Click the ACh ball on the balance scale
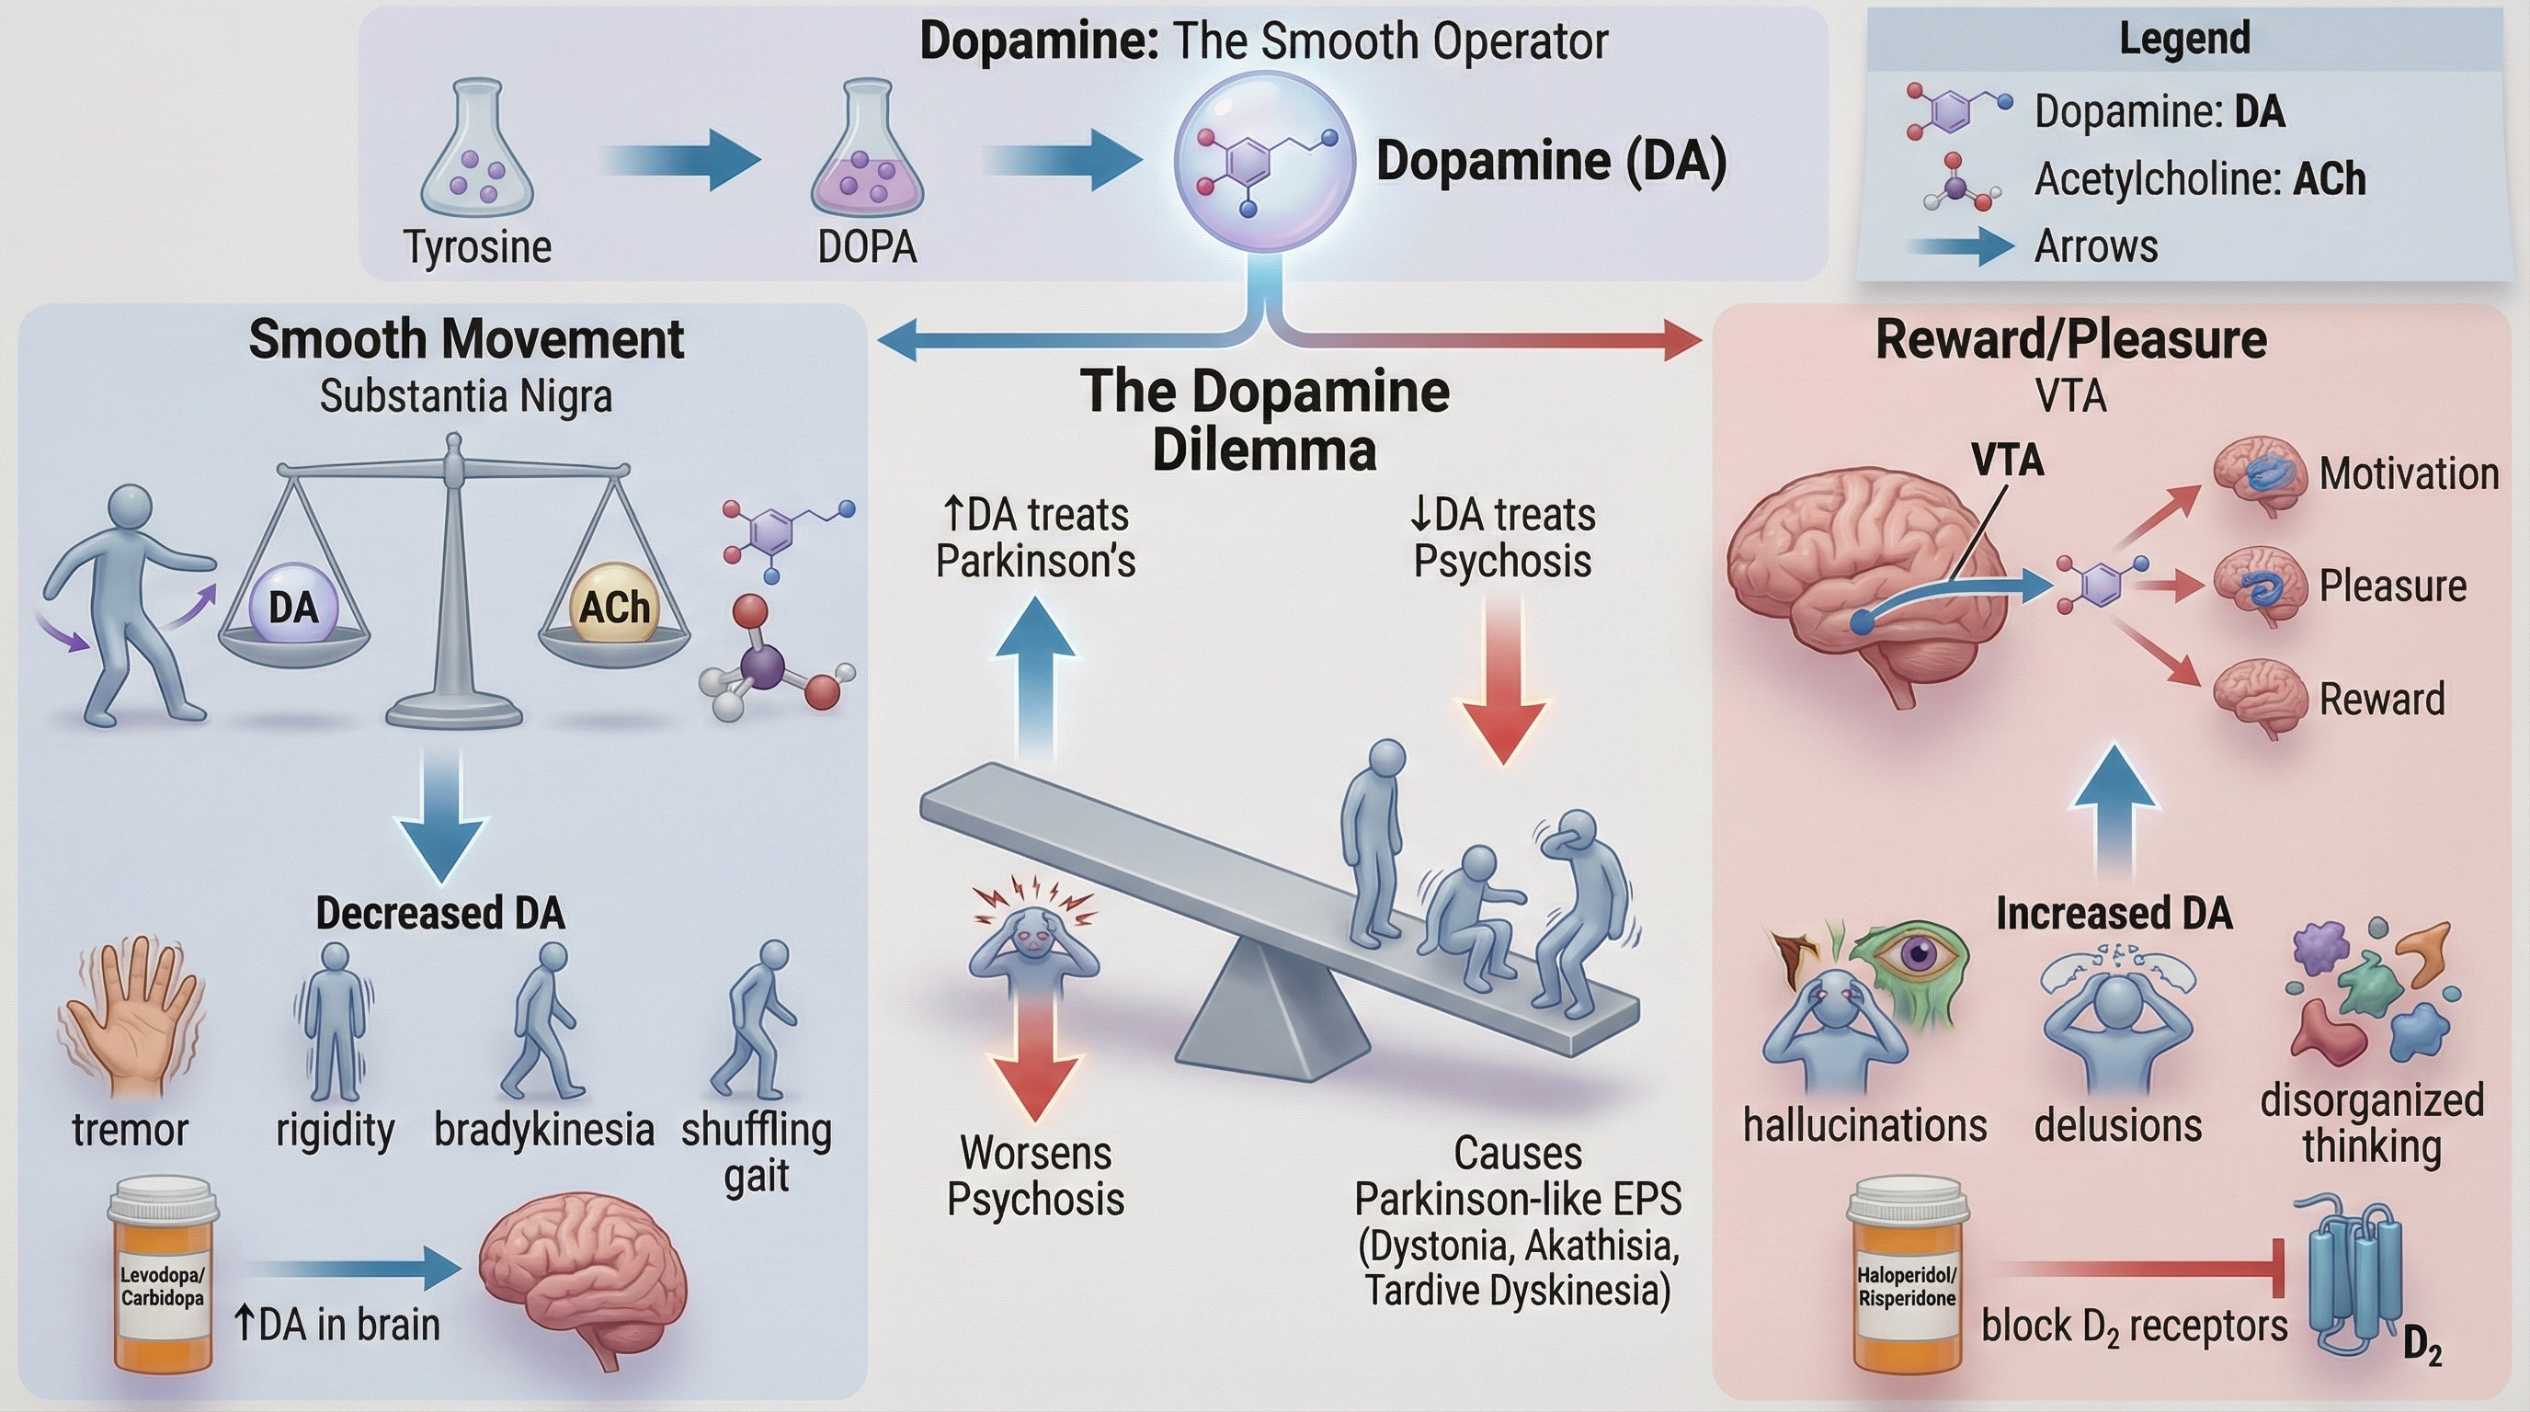[x=614, y=606]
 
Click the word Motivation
[x=2409, y=474]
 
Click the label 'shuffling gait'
[x=757, y=1151]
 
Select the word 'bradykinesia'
[x=544, y=1129]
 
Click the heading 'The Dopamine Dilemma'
[x=1265, y=420]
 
